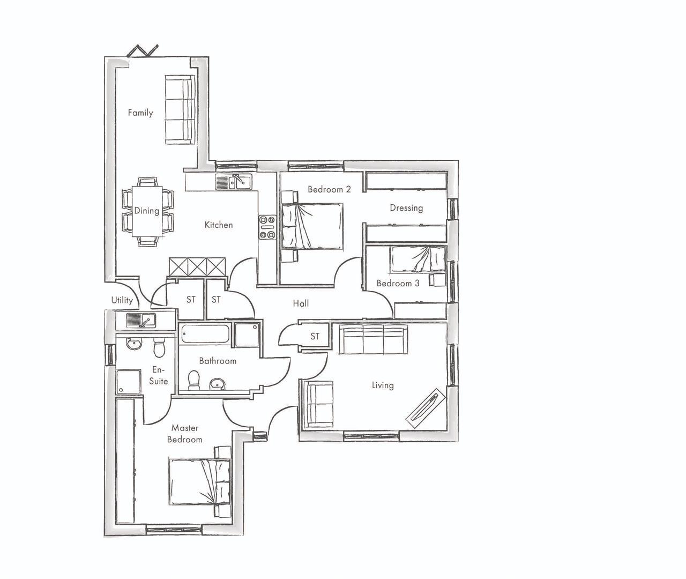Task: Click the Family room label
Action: [x=140, y=113]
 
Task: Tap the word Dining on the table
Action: [x=146, y=211]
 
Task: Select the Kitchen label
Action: [x=219, y=225]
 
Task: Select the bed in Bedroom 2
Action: [x=311, y=226]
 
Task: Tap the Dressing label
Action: [x=406, y=208]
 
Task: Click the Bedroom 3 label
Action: [x=398, y=283]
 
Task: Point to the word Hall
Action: [x=301, y=303]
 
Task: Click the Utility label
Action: [x=122, y=300]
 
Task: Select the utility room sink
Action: [x=140, y=321]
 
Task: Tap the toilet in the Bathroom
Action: [x=193, y=380]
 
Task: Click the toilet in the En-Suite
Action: [x=159, y=349]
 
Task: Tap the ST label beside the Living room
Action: [x=315, y=337]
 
